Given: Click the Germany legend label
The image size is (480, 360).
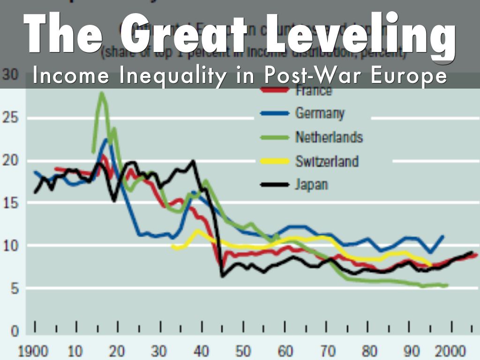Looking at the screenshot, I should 320,113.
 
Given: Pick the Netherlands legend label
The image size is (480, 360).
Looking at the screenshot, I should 329,137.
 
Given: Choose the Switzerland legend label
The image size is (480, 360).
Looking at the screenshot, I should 327,161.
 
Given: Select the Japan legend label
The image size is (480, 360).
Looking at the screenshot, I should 311,185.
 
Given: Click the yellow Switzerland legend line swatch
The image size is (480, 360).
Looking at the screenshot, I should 274,161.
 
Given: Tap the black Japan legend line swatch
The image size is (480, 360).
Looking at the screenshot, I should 274,185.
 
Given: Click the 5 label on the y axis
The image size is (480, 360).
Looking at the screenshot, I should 15,289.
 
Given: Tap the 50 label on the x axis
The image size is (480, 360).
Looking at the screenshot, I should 243,350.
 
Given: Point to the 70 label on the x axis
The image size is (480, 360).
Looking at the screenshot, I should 327,350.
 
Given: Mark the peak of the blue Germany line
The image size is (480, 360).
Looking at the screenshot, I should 106,139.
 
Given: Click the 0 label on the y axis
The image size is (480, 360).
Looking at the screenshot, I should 15,331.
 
